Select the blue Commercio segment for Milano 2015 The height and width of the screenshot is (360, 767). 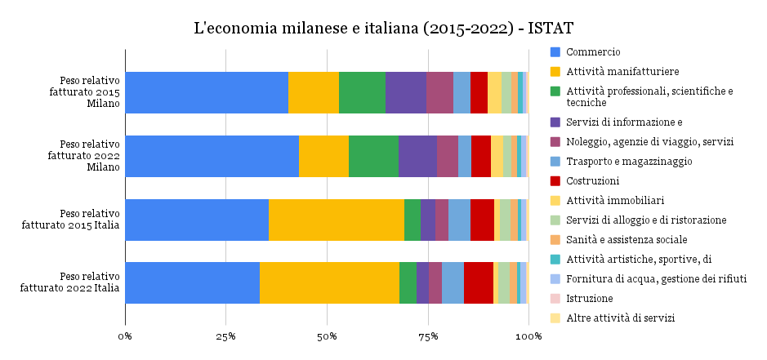pos(207,92)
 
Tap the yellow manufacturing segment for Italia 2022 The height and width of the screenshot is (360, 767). pos(329,282)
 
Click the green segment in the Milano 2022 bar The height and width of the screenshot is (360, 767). pos(373,156)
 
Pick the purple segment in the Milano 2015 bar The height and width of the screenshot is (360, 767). pos(405,92)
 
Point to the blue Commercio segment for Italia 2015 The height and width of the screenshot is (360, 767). pos(197,220)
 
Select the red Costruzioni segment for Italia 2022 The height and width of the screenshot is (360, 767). pos(478,282)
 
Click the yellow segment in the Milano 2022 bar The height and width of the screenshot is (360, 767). pos(323,156)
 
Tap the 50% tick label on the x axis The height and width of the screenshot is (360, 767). pos(327,336)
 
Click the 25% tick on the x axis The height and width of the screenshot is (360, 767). pos(226,336)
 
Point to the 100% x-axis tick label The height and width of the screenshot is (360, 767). pos(528,336)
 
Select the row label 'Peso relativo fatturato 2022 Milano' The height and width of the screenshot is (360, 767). pos(84,156)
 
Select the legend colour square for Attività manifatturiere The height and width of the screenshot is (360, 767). pos(555,72)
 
